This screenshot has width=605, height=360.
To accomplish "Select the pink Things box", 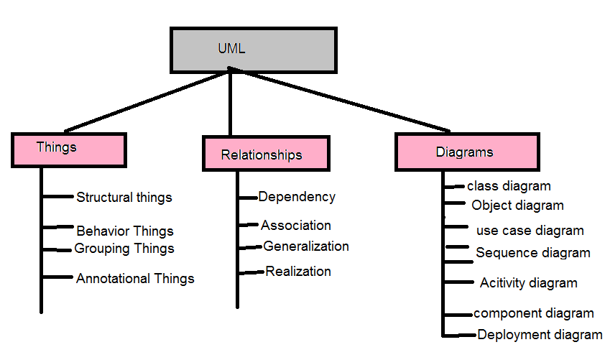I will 69,149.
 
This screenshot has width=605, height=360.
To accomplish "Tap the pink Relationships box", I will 265,154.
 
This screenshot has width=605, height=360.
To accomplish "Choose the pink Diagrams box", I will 466,152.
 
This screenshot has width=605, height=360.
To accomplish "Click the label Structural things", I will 124,197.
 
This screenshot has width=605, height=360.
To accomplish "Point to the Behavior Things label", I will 125,231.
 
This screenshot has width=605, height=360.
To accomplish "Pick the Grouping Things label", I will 124,249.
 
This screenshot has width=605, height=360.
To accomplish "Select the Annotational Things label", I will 135,278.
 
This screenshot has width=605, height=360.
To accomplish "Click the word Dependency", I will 297,197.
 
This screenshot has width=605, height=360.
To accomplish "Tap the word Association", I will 296,226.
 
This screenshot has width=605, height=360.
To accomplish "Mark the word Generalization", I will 306,246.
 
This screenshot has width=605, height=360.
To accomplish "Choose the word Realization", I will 298,272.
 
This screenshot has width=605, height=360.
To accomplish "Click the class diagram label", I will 509,186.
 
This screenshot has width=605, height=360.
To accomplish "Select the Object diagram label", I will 517,206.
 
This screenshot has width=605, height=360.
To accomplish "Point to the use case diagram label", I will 530,231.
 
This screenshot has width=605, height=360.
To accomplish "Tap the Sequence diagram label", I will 532,253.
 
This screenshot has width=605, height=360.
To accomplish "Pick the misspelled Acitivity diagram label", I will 528,282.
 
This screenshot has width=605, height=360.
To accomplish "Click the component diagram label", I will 533,313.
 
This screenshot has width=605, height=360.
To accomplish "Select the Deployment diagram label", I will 540,334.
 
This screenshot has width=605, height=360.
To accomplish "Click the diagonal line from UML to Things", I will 144,99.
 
